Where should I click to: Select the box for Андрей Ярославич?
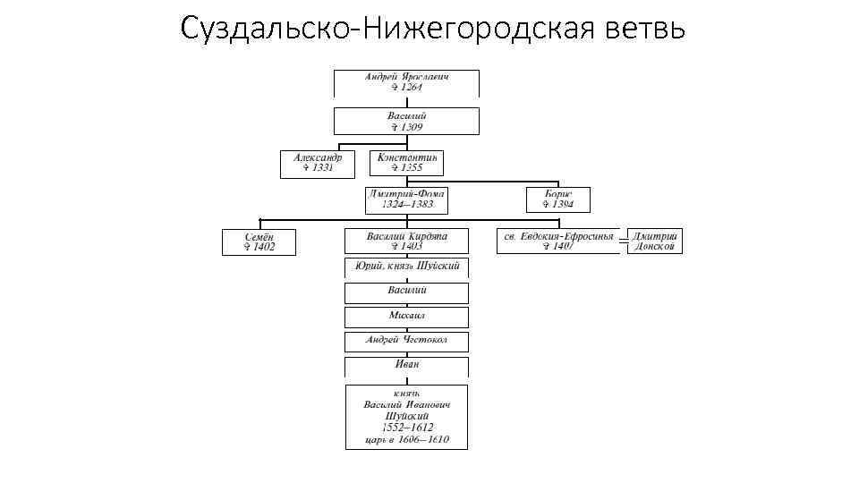pos(406,83)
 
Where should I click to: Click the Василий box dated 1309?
pos(406,122)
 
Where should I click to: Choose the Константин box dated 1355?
pos(406,163)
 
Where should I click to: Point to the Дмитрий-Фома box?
pos(406,199)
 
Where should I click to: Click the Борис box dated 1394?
pos(557,199)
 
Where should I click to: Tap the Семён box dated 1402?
pos(259,241)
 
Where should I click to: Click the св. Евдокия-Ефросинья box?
pos(557,241)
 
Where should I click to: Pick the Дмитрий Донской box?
pos(657,241)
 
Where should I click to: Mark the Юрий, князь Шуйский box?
pos(406,267)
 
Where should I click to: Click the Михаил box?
pos(406,317)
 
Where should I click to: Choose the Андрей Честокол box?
pos(406,341)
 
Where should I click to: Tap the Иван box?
pos(406,365)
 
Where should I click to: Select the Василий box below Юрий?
pos(406,292)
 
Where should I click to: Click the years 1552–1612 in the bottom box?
pos(406,428)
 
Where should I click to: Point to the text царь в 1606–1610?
pos(406,440)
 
